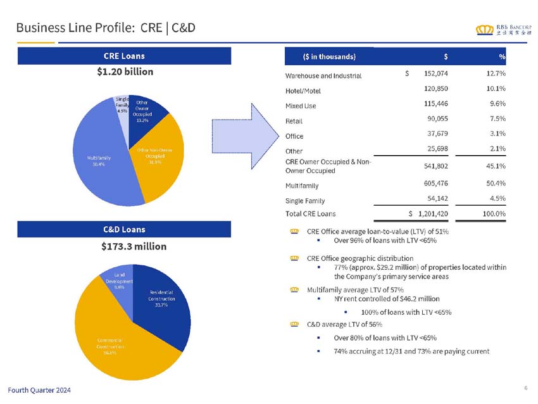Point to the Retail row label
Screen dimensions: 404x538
click(x=294, y=121)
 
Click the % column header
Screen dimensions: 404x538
click(x=501, y=56)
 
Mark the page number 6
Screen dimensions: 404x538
click(x=525, y=388)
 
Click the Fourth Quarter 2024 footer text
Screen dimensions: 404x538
click(x=39, y=389)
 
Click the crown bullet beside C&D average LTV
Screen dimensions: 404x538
click(x=294, y=324)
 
